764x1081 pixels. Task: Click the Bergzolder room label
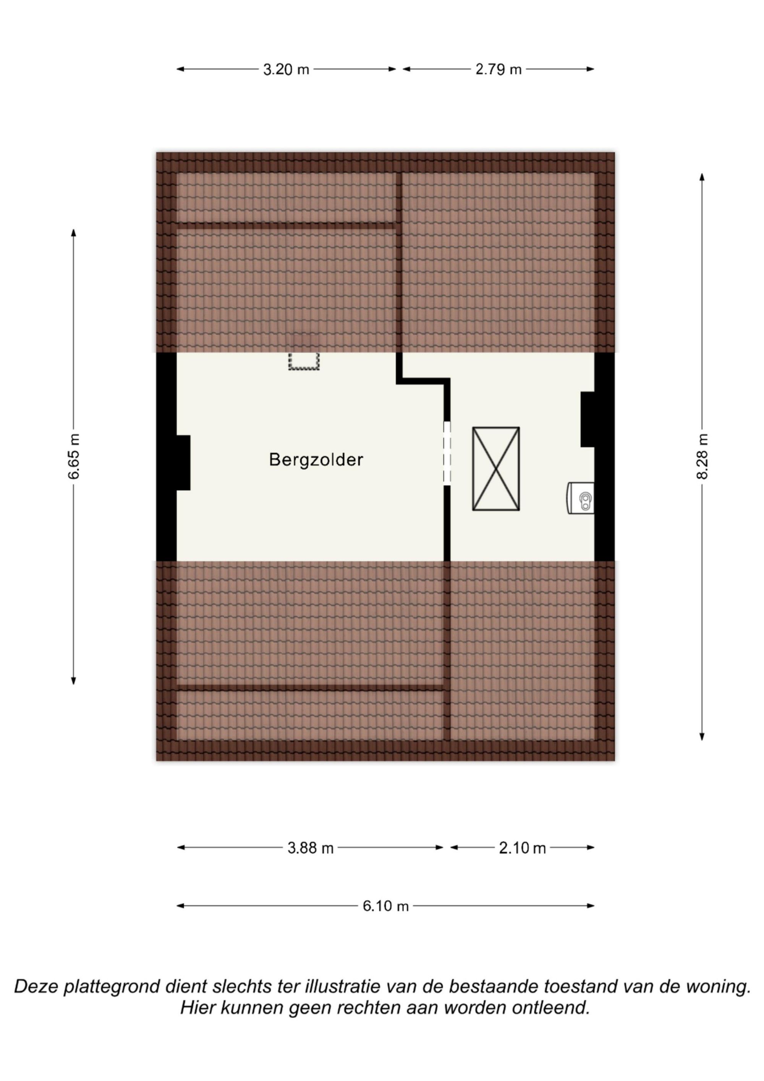tap(316, 460)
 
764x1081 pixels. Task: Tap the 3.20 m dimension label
tap(286, 70)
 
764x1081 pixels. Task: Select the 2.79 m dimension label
tap(499, 70)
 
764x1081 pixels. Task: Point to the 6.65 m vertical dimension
tap(74, 456)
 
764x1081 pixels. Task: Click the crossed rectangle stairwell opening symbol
tap(496, 469)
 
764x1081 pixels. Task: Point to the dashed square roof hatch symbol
tap(304, 361)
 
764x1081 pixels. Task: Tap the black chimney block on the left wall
tap(183, 463)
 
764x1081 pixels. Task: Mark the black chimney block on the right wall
tap(588, 420)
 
